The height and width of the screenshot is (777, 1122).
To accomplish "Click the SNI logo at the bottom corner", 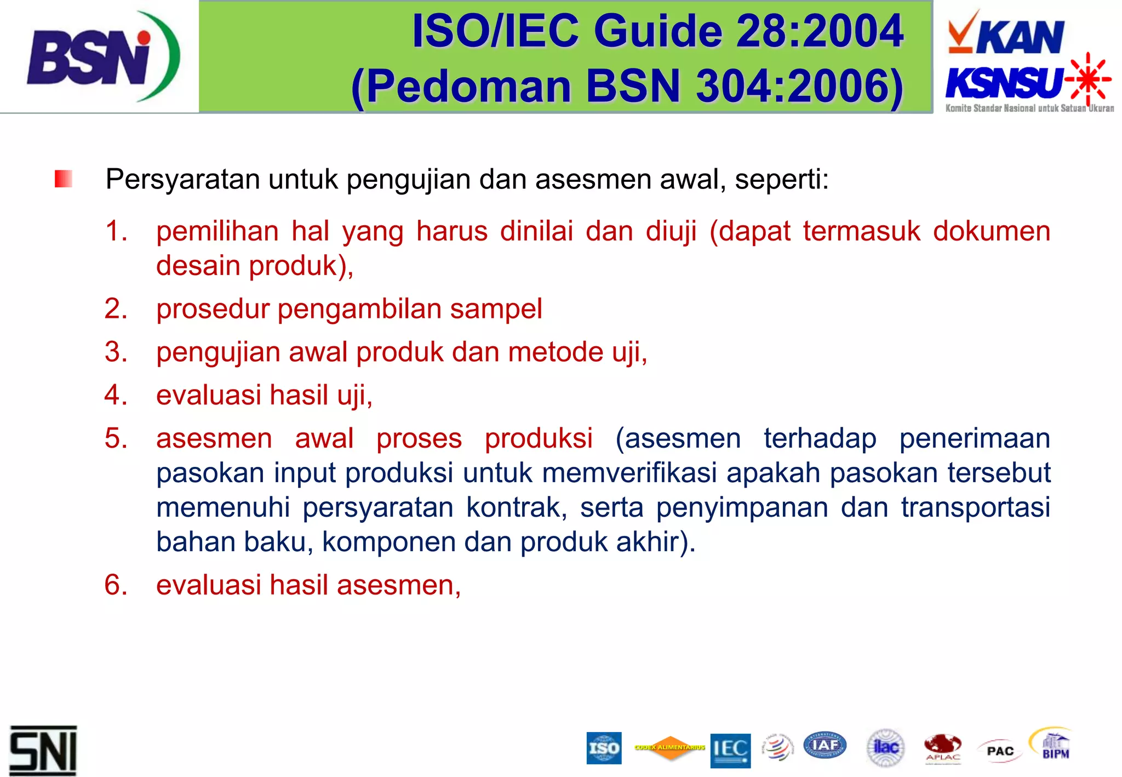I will (x=43, y=751).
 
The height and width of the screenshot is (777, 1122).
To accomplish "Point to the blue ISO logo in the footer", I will (x=604, y=748).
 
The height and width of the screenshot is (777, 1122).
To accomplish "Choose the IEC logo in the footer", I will (x=730, y=750).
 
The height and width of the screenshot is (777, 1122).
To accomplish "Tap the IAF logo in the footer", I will (x=825, y=745).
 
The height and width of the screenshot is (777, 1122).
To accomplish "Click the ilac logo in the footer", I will (x=886, y=747).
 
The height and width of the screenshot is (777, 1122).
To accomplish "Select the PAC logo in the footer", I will (x=1000, y=751).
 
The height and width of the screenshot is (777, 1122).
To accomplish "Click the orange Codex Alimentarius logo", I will (x=669, y=747).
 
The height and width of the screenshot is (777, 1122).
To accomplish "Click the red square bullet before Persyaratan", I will (x=64, y=179).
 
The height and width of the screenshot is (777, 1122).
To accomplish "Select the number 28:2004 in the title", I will (x=819, y=31).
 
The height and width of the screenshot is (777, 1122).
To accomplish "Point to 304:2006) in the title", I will (x=800, y=87).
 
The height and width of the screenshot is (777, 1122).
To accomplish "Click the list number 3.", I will (x=116, y=352).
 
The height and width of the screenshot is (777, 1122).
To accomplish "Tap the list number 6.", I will (x=116, y=585).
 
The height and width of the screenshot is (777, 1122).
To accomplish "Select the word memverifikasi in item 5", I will (x=629, y=473).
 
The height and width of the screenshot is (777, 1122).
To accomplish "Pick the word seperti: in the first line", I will (x=782, y=180).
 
